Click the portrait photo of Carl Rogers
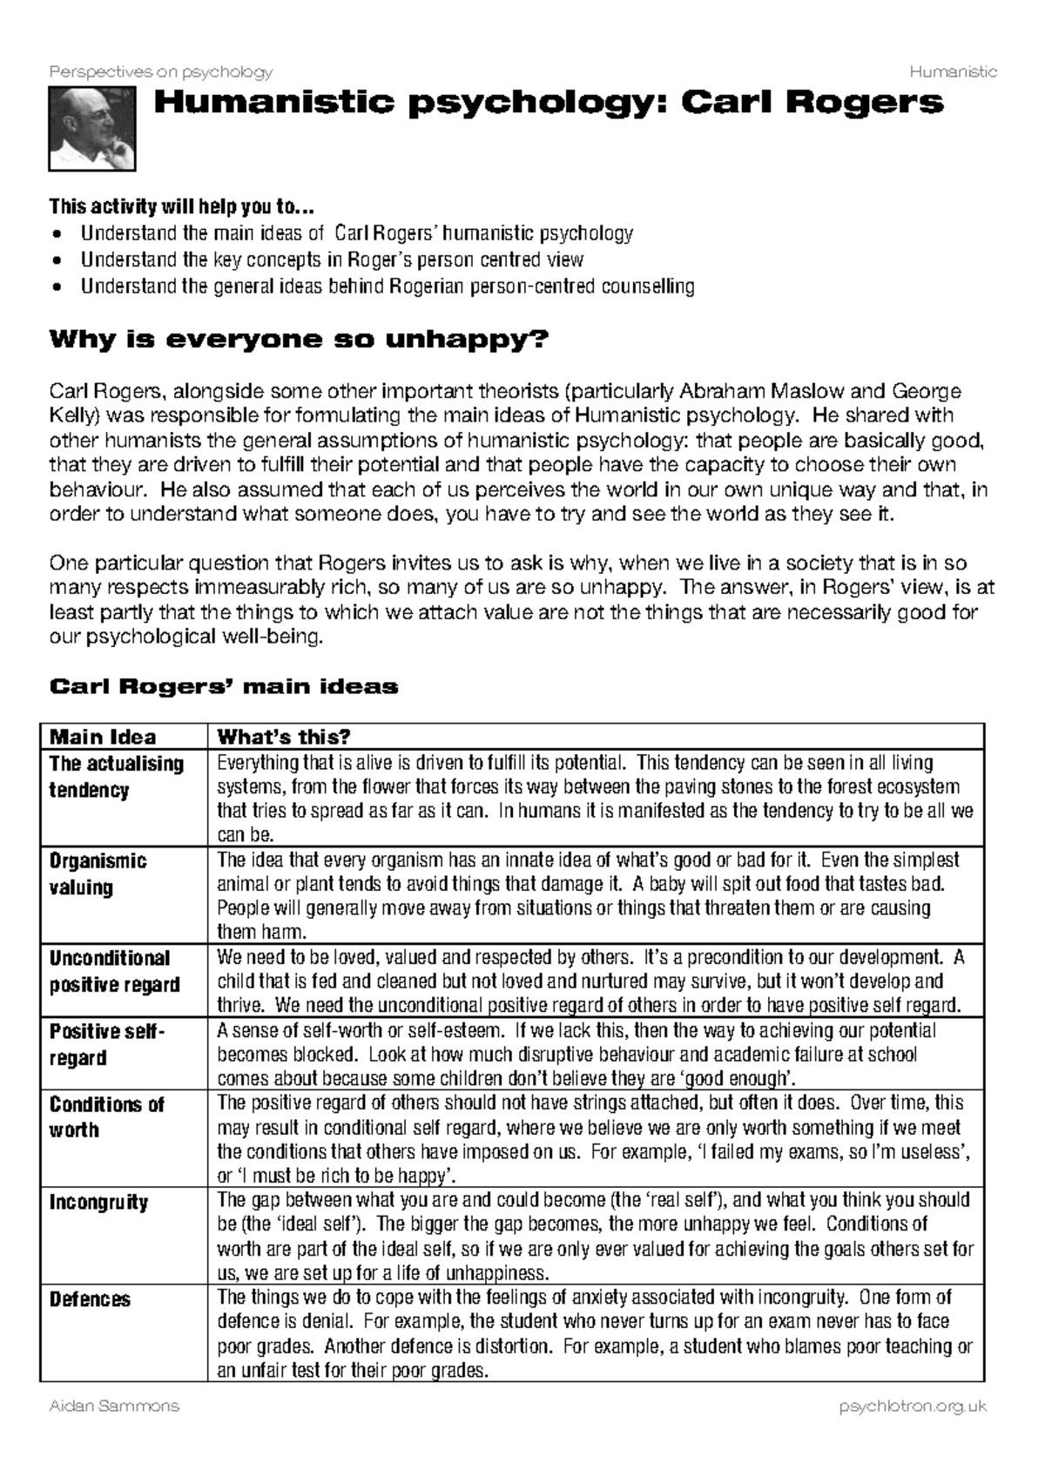(x=91, y=131)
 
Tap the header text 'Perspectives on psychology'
(x=161, y=71)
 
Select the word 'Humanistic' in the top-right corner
(x=953, y=71)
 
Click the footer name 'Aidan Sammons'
(x=114, y=1406)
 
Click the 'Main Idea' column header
(x=103, y=737)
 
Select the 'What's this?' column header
(x=283, y=737)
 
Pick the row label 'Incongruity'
(x=98, y=1203)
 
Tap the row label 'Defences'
(x=90, y=1299)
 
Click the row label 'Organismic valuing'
(x=98, y=874)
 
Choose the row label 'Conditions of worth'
(x=106, y=1117)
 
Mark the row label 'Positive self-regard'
(x=105, y=1044)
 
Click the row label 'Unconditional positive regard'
(x=114, y=971)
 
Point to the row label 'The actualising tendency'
(x=116, y=777)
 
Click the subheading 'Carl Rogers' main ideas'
(x=224, y=687)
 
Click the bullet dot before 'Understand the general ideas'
(x=57, y=287)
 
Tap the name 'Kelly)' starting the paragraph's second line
(x=75, y=415)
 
